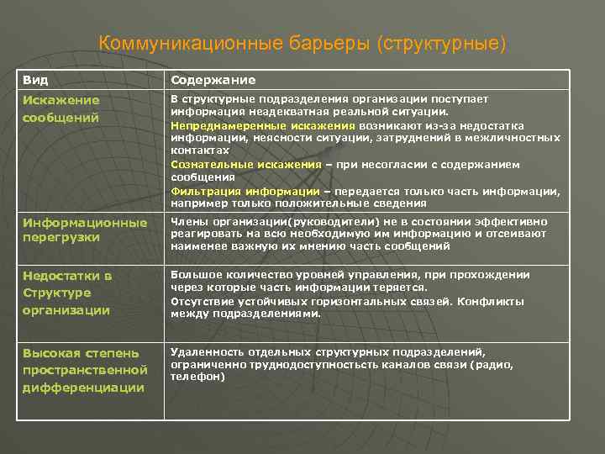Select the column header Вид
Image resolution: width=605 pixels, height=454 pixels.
(x=35, y=80)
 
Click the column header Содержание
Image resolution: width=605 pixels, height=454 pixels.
(x=213, y=80)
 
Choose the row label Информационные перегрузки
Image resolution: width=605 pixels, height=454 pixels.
(x=85, y=230)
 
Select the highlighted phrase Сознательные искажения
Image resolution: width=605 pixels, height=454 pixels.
(x=246, y=164)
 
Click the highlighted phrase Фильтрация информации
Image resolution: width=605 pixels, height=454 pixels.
(x=245, y=191)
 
